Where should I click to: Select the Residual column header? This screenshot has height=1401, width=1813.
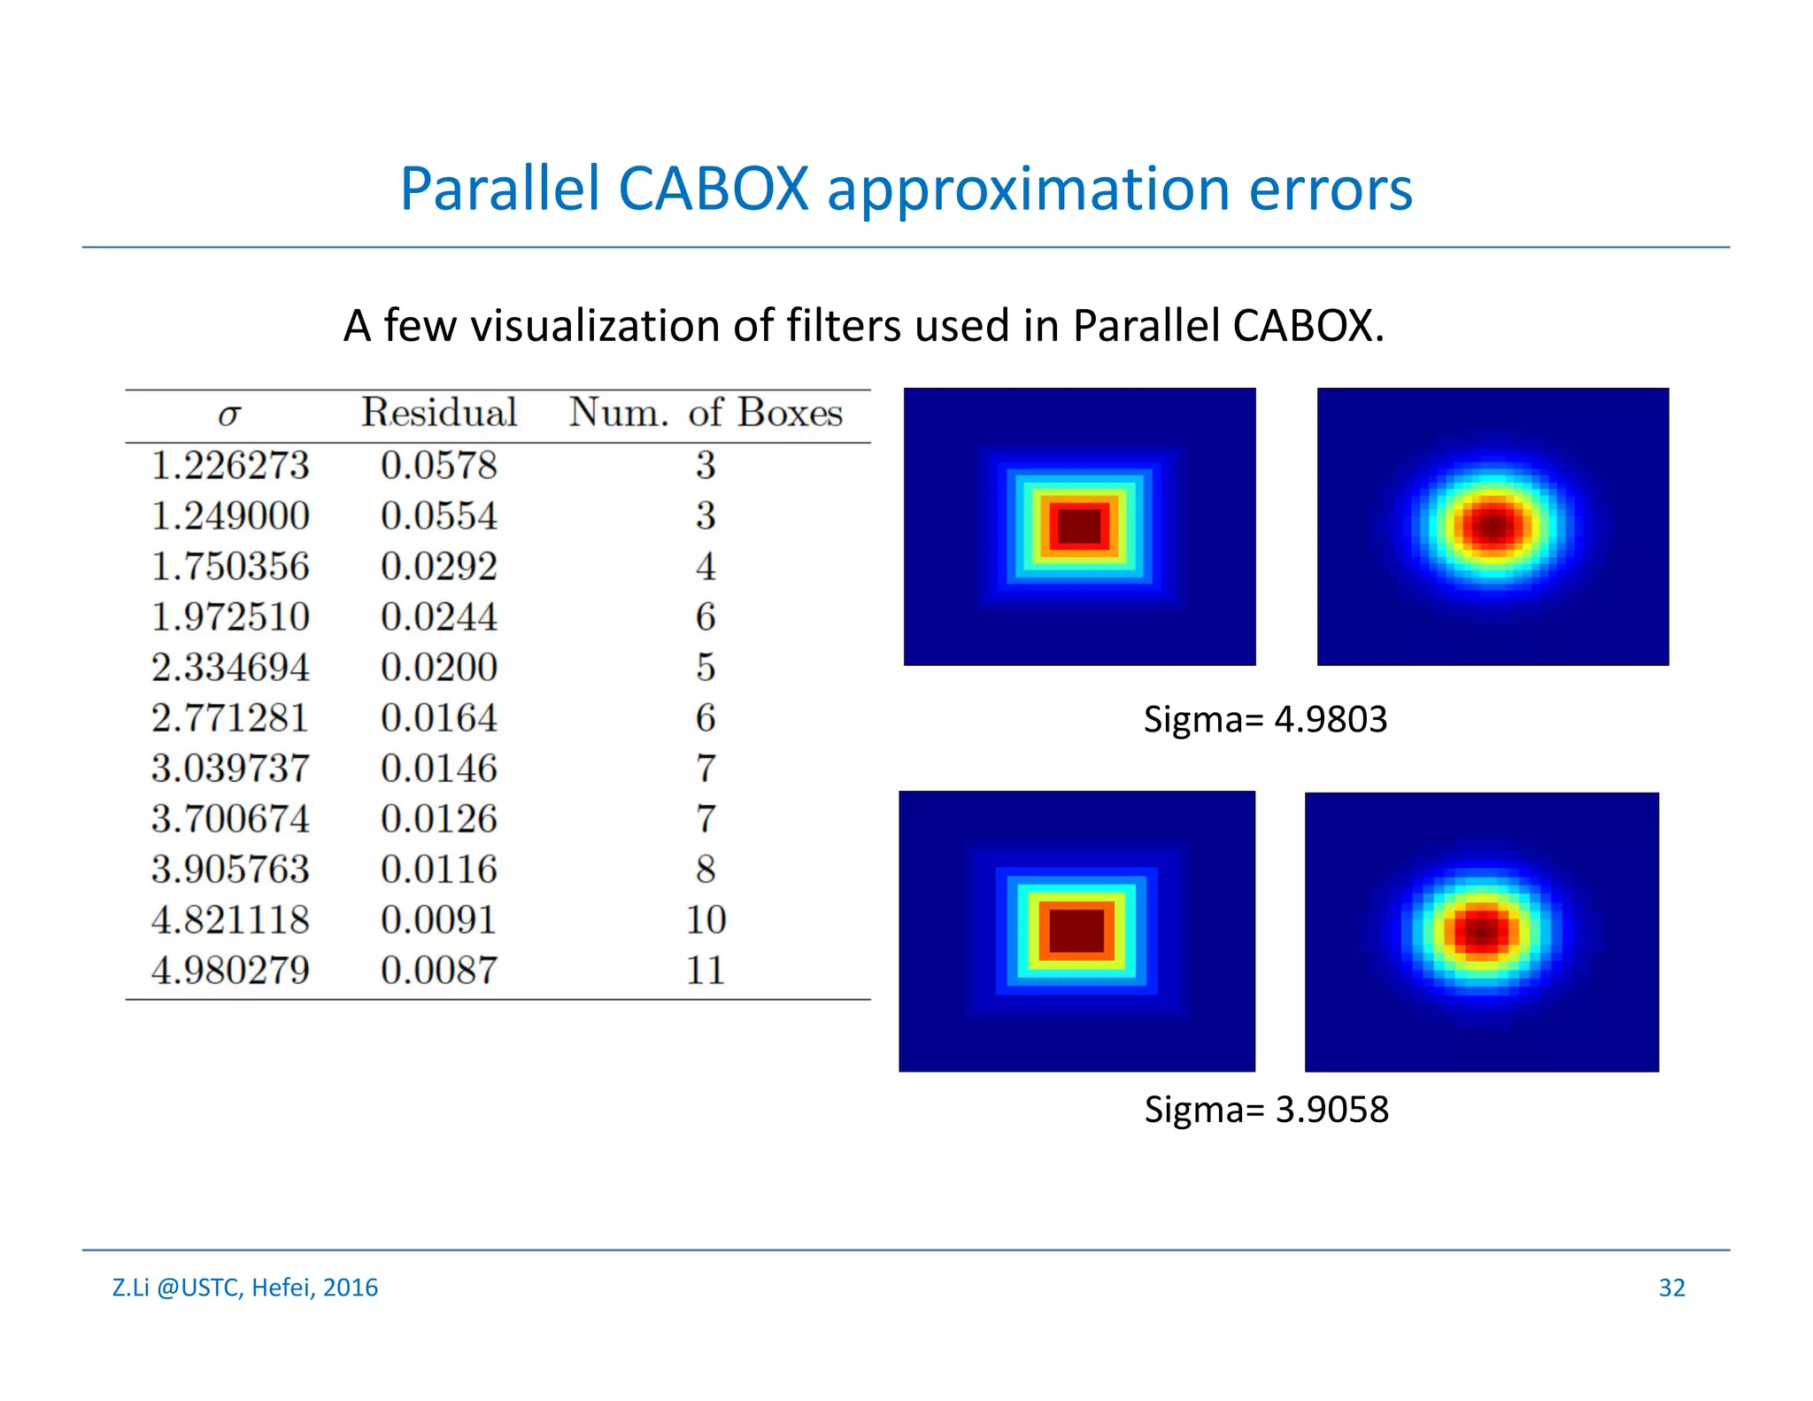coord(439,413)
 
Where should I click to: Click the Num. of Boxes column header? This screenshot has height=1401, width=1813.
coord(706,413)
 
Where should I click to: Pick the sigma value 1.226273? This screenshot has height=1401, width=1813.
coord(230,466)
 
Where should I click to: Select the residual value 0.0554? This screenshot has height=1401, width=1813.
coord(439,516)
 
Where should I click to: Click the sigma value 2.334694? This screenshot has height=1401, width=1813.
coord(230,668)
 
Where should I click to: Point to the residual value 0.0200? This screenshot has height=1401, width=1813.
coord(439,668)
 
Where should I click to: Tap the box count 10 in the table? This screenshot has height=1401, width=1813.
coord(706,920)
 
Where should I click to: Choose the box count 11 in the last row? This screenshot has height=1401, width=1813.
coord(706,971)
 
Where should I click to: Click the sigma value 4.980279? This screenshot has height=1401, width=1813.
coord(230,971)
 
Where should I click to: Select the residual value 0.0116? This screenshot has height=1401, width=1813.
coord(439,870)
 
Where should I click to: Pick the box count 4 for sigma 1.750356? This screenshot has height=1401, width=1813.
coord(706,567)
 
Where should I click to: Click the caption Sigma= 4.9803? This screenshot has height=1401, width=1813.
coord(1265,719)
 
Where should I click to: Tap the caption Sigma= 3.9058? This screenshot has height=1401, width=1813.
coord(1266,1110)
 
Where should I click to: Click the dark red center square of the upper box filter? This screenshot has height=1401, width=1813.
coord(1079,526)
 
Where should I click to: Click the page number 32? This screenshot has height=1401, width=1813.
coord(1671,1288)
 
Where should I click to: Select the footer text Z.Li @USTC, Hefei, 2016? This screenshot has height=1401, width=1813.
coord(245,1288)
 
